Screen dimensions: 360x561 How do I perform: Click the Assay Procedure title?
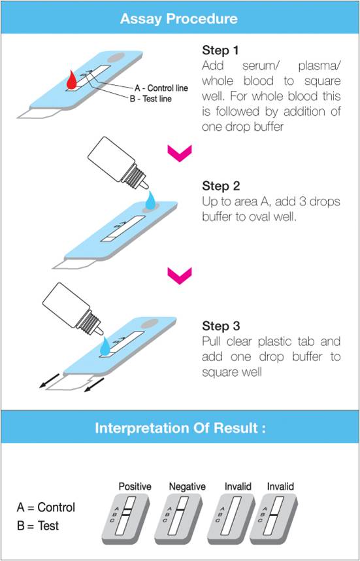[179, 18]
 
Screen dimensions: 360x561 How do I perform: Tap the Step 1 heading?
[220, 50]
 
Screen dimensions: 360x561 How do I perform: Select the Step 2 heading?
[220, 186]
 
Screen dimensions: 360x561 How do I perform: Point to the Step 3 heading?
[220, 326]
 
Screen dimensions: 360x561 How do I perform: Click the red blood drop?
[72, 78]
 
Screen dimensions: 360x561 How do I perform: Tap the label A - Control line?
[161, 88]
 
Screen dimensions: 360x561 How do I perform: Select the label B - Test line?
[150, 98]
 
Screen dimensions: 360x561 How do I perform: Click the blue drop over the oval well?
[151, 199]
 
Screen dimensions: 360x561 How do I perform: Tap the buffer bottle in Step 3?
[74, 308]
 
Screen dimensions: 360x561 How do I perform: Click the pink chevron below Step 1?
[180, 154]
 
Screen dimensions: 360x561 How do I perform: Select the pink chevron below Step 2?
[180, 276]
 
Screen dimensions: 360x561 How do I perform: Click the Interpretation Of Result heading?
[180, 428]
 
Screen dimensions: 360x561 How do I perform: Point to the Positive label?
[135, 486]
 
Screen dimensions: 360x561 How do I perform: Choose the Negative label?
[187, 486]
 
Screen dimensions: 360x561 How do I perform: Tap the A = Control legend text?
[46, 507]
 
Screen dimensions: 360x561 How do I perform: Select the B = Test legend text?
[37, 526]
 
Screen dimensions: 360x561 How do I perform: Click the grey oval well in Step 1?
[116, 56]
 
